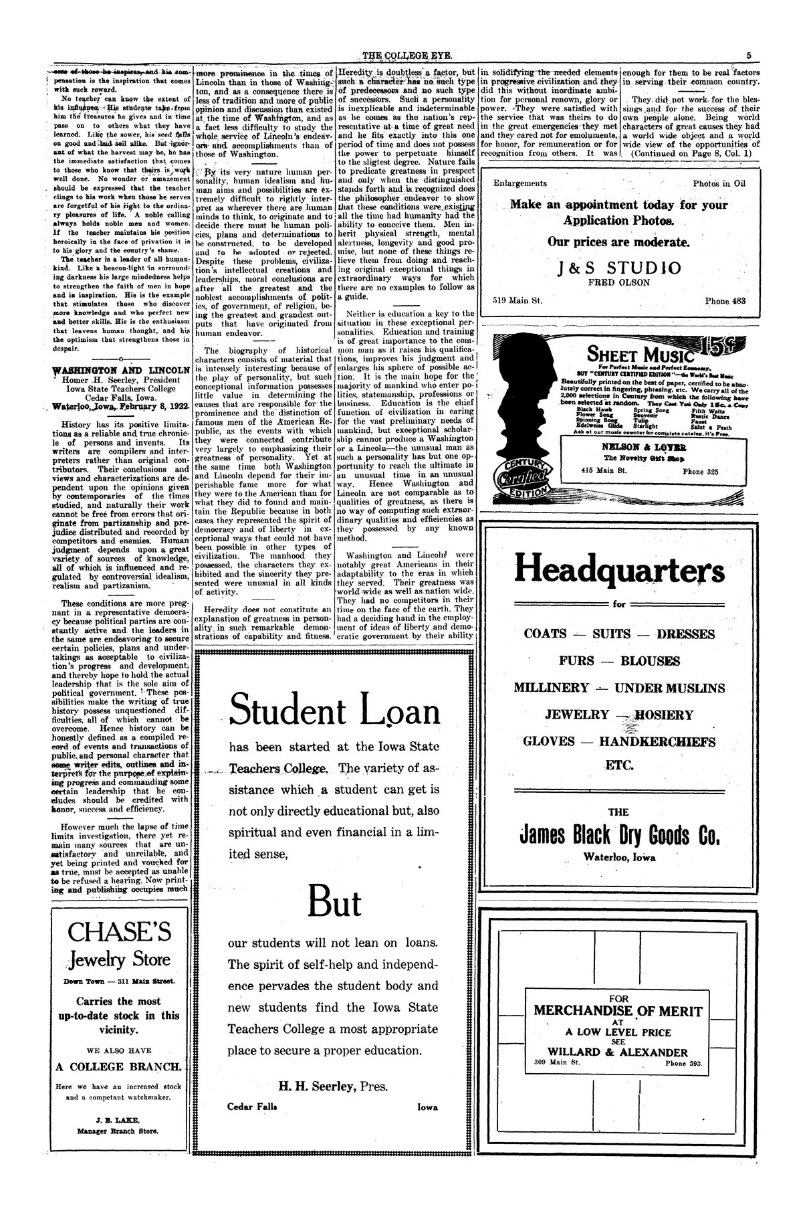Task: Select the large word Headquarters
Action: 619,571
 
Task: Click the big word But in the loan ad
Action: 334,903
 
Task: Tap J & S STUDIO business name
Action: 619,268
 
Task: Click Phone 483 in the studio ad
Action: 725,301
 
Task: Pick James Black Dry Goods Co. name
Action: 619,836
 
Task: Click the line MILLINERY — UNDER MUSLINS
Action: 619,688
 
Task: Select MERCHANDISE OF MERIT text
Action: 618,1011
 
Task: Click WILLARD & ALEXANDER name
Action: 617,1052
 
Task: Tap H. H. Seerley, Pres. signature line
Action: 332,1087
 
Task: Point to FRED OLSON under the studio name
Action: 619,282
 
